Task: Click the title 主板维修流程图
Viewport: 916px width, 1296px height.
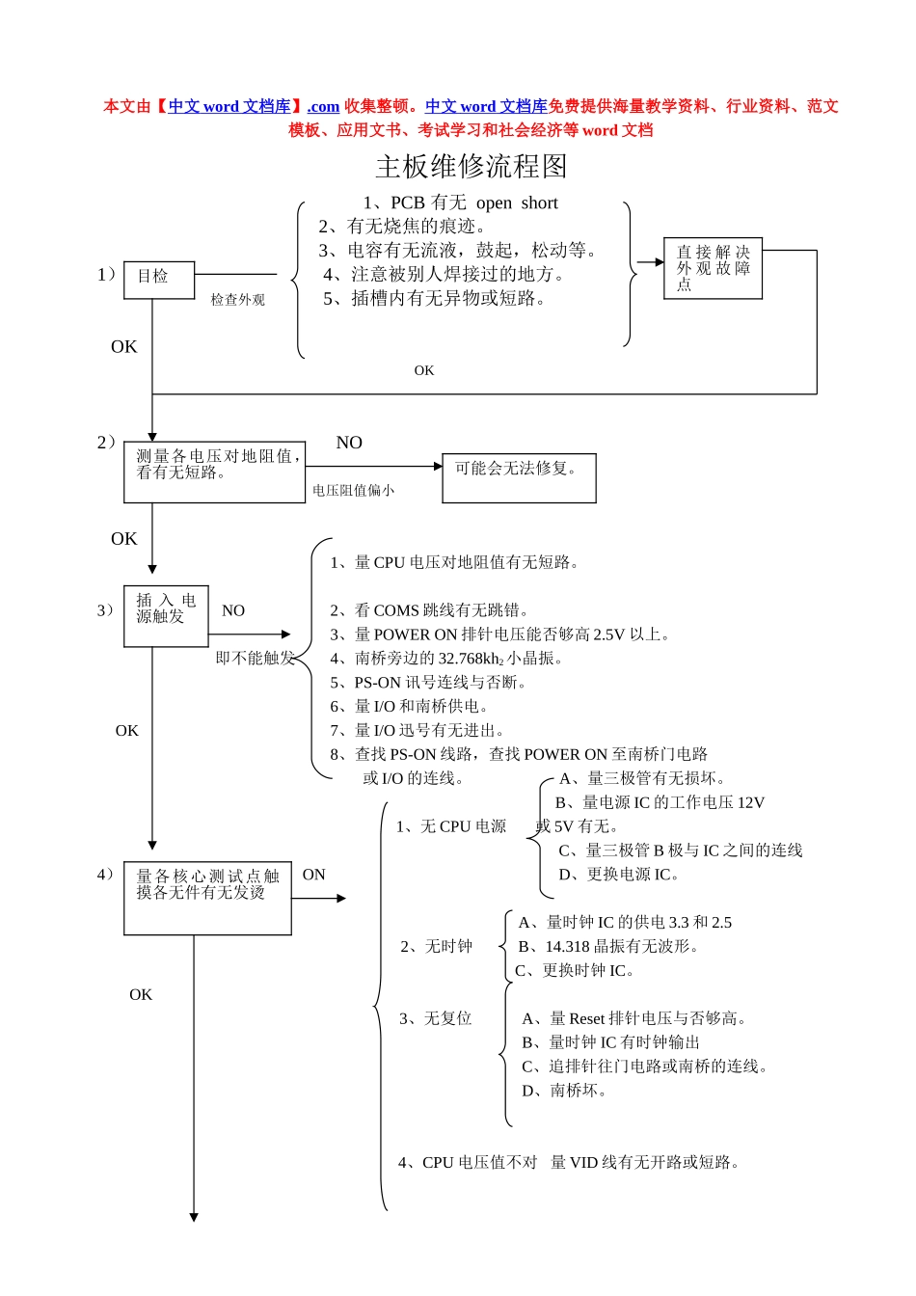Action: coord(471,167)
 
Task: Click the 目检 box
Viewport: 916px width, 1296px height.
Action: coord(159,279)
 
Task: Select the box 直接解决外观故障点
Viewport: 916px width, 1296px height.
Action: coord(713,268)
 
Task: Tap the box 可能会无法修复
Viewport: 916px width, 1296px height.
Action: coord(519,477)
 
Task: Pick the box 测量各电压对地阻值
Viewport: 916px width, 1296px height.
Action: coord(214,472)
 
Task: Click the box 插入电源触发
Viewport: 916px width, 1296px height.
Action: coord(166,615)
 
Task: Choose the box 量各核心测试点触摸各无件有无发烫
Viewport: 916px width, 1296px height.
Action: coord(207,898)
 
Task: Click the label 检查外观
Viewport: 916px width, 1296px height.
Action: coord(238,300)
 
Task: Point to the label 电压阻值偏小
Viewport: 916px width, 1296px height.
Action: coord(353,491)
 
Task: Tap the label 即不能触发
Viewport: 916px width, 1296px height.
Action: coord(255,659)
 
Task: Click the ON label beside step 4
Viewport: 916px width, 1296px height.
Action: coord(314,875)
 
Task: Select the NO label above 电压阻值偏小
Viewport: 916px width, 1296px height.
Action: coord(349,443)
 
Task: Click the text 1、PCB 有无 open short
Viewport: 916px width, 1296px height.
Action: coord(460,202)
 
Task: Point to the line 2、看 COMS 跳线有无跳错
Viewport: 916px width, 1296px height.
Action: coord(429,610)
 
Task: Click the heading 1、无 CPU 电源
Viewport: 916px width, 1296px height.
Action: coord(451,826)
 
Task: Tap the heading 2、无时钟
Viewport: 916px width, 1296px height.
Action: coord(437,947)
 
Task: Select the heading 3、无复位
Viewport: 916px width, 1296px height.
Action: coord(436,1018)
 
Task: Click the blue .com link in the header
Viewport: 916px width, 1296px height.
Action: coord(323,107)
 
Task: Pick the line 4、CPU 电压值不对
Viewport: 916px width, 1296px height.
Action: coord(468,1163)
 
